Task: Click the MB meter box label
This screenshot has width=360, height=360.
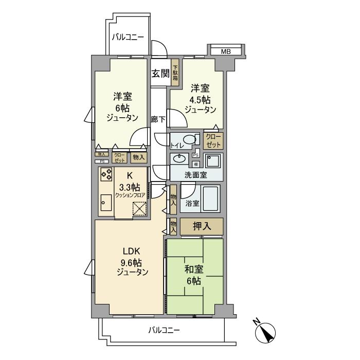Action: click(226, 51)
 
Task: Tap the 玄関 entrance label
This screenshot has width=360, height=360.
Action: click(160, 74)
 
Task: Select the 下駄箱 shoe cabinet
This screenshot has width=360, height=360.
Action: click(175, 74)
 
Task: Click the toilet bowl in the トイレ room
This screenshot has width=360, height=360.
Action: click(190, 139)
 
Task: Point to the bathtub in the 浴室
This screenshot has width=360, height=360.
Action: click(211, 198)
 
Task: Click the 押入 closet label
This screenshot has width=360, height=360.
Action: click(201, 226)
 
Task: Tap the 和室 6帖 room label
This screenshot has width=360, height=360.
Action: click(194, 275)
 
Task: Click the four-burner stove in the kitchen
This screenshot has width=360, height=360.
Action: click(106, 175)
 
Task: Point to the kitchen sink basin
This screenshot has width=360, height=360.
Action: click(105, 203)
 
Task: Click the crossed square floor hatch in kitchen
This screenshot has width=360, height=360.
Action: click(140, 209)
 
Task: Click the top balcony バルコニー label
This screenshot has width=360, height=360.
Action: click(129, 37)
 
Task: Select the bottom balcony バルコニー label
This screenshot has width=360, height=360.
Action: click(165, 330)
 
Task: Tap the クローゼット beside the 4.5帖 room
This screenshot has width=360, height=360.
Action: click(213, 139)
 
